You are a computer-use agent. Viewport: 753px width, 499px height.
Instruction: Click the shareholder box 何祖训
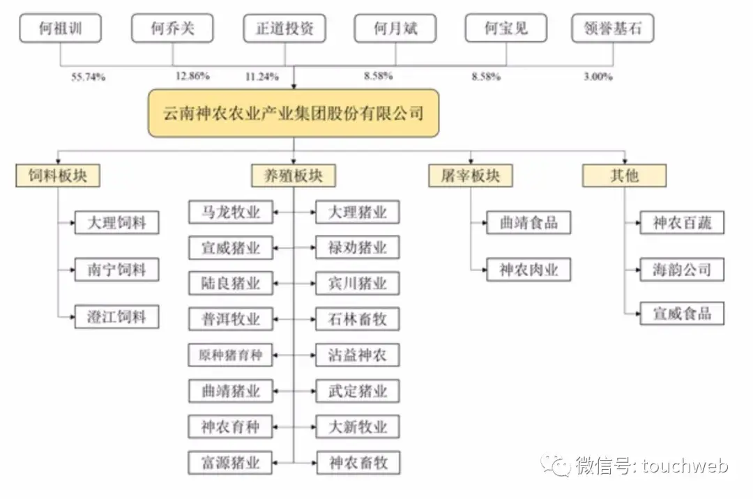coord(61,29)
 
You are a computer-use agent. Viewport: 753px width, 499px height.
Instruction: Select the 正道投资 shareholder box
coord(284,29)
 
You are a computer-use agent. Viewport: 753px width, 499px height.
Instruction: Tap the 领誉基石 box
coord(613,29)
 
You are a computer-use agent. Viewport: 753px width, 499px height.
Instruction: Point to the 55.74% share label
coord(89,77)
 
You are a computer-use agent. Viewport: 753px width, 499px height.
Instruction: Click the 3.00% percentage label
coord(598,76)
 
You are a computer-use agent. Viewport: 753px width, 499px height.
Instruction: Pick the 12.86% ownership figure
coord(192,76)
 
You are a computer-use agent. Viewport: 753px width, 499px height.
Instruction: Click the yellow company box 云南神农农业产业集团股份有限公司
coord(294,113)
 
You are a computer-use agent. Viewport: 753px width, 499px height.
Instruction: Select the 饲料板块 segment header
coord(58,176)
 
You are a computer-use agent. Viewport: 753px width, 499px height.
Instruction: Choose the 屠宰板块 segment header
coord(471,176)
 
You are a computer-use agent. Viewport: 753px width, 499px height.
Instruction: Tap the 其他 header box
coord(624,176)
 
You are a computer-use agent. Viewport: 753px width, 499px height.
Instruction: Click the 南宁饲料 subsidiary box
coord(116,270)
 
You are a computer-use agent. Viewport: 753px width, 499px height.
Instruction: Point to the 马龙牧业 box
coord(231,212)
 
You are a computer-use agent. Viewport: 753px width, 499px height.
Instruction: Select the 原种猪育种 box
coord(231,355)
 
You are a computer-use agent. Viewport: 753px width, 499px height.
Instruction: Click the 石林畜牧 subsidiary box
coord(357,319)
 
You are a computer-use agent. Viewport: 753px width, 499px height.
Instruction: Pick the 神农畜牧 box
coord(358,463)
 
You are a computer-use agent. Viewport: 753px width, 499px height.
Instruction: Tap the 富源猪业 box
coord(231,463)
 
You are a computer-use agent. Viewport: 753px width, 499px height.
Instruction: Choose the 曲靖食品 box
coord(528,222)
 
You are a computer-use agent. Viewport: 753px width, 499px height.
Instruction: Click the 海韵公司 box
coord(682,270)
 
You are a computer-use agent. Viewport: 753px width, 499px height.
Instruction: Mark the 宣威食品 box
coord(682,314)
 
